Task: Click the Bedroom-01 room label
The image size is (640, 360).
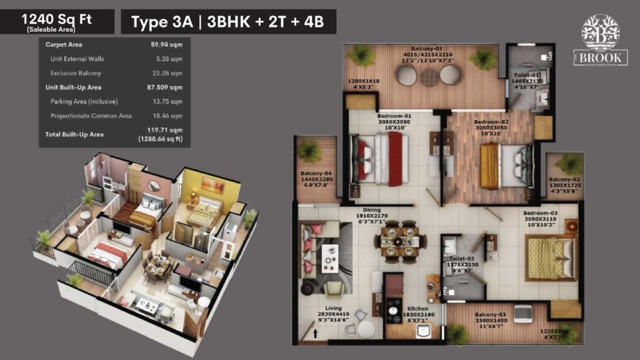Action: coord(394,116)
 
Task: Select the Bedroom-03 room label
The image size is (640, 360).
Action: coord(540,213)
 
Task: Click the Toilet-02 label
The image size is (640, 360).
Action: coord(462,257)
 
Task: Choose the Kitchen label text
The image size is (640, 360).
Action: coord(417,309)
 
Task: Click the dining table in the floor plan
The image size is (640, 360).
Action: coord(395,240)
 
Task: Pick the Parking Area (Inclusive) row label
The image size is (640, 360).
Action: coord(84,101)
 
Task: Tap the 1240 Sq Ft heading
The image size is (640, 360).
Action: coord(57,19)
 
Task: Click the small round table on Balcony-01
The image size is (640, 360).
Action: coord(430,76)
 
